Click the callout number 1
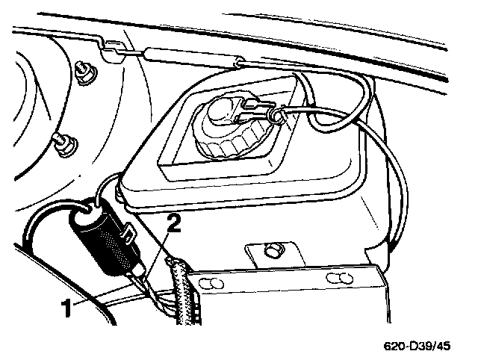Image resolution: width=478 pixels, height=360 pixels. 66,306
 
